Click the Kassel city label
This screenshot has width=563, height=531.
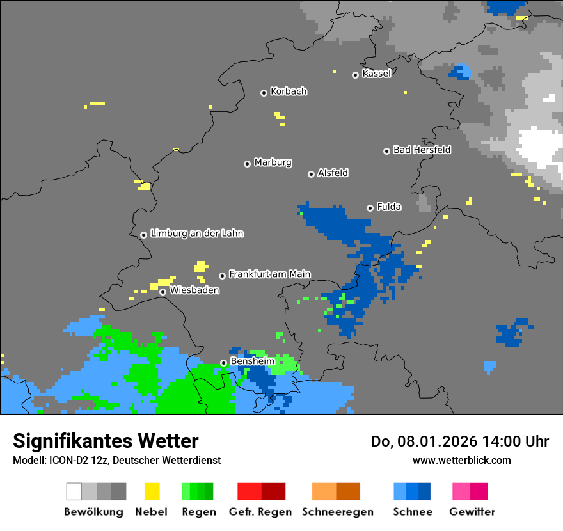pyautogui.click(x=376, y=74)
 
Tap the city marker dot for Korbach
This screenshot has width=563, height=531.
pyautogui.click(x=264, y=93)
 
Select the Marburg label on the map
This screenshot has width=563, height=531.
pyautogui.click(x=273, y=162)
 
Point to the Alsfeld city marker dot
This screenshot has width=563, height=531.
pyautogui.click(x=312, y=174)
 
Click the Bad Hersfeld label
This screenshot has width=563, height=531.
pyautogui.click(x=422, y=150)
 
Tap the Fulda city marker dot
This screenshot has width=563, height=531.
pyautogui.click(x=370, y=208)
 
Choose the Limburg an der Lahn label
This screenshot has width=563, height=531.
pyautogui.click(x=196, y=234)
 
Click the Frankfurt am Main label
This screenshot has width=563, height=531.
pyautogui.click(x=269, y=274)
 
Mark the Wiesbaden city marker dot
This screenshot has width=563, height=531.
pyautogui.click(x=163, y=292)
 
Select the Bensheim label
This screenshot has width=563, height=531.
pyautogui.click(x=252, y=361)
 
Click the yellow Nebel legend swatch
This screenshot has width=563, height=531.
pyautogui.click(x=152, y=491)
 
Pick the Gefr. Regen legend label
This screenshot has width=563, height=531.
pyautogui.click(x=260, y=512)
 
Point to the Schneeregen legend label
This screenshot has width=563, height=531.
pyautogui.click(x=338, y=512)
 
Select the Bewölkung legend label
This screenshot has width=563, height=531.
pyautogui.click(x=93, y=512)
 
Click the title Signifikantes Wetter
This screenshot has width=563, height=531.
pyautogui.click(x=106, y=441)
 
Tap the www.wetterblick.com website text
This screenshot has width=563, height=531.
pyautogui.click(x=461, y=460)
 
